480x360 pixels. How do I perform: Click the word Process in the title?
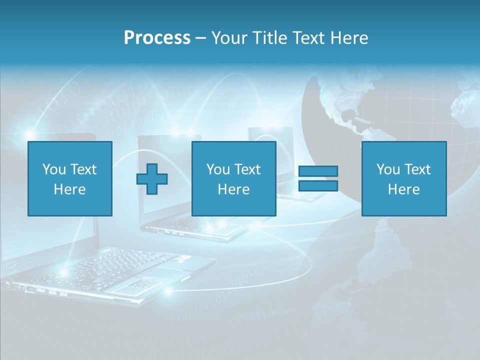[157, 38]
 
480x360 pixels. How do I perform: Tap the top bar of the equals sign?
[318, 171]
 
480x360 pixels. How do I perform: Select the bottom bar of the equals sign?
[318, 186]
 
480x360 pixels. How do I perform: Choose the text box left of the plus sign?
[70, 178]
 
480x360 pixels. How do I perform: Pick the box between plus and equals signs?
[233, 178]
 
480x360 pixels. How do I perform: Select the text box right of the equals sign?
[404, 178]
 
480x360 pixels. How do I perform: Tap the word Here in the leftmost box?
[70, 189]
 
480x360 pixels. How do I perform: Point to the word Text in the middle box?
[247, 169]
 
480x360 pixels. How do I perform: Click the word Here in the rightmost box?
[404, 189]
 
